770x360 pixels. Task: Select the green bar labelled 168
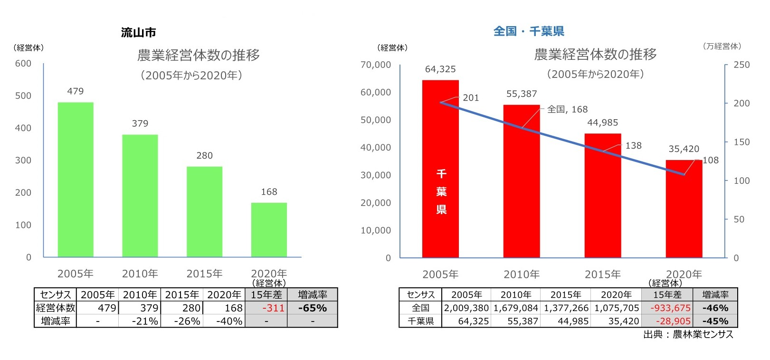pyautogui.click(x=269, y=230)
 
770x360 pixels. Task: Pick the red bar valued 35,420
pyautogui.click(x=684, y=209)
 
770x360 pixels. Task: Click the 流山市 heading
pyautogui.click(x=138, y=33)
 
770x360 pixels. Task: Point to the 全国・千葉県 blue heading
pyautogui.click(x=529, y=31)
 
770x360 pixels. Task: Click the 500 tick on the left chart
pyautogui.click(x=23, y=96)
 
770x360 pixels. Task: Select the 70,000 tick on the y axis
pyautogui.click(x=375, y=65)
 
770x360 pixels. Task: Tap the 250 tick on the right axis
pyautogui.click(x=741, y=65)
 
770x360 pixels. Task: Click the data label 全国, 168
pyautogui.click(x=567, y=109)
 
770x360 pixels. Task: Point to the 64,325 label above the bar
pyautogui.click(x=440, y=69)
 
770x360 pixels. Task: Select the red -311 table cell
pyautogui.click(x=273, y=308)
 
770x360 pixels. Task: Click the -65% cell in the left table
pyautogui.click(x=312, y=308)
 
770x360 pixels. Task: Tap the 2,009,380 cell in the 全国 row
pyautogui.click(x=466, y=308)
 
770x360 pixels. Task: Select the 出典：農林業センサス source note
pyautogui.click(x=688, y=334)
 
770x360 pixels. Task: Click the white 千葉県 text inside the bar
pyautogui.click(x=441, y=191)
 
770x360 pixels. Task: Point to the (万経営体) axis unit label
pyautogui.click(x=722, y=47)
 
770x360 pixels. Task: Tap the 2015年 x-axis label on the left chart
pyautogui.click(x=204, y=274)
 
